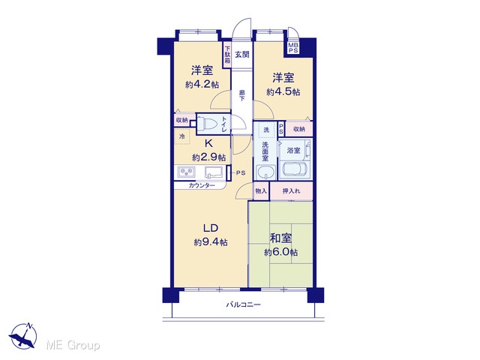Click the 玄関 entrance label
(x=241, y=55)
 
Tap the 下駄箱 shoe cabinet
(x=226, y=55)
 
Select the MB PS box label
(x=293, y=48)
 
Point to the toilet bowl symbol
(x=207, y=124)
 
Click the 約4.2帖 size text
(x=202, y=85)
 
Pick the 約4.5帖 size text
(x=283, y=91)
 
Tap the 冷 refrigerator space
(x=181, y=136)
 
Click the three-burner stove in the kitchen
(x=186, y=172)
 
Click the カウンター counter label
(x=202, y=185)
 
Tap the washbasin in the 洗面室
(x=265, y=172)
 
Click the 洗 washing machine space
(x=266, y=130)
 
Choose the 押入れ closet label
(x=291, y=191)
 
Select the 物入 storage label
(x=261, y=191)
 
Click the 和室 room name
(x=280, y=238)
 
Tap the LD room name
(x=211, y=228)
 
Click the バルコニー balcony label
(x=243, y=304)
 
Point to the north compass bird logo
(x=23, y=336)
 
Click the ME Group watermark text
(x=73, y=345)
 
